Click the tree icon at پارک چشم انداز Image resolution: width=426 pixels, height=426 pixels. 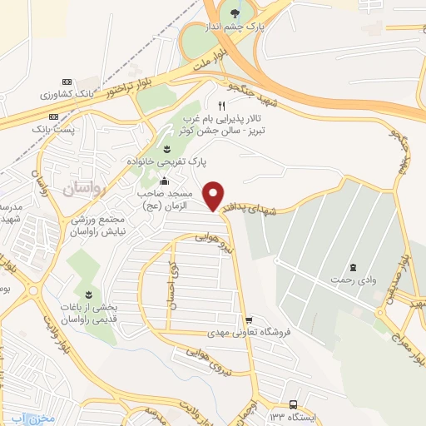point(235,12)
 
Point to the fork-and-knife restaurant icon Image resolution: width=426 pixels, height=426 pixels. point(221,106)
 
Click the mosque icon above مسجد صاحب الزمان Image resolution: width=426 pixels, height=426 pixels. point(165,181)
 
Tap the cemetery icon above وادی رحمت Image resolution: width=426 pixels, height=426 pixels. point(354,267)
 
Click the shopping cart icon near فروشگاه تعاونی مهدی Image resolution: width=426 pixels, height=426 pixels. point(248,320)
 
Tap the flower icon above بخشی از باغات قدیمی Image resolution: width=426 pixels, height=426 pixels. point(89,295)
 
